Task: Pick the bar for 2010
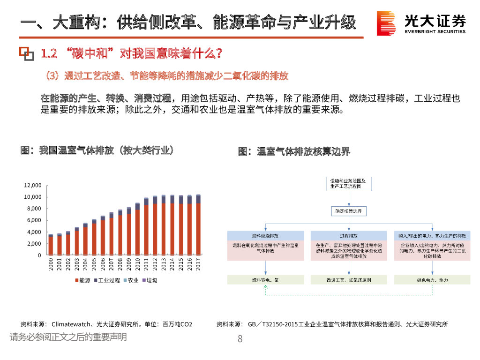pyautogui.click(x=137, y=230)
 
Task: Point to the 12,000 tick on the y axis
pyautogui.click(x=33, y=185)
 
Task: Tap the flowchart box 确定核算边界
pyautogui.click(x=349, y=211)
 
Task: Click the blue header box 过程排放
pyautogui.click(x=349, y=236)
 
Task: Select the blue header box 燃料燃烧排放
pyautogui.click(x=266, y=236)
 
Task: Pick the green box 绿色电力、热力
pyautogui.click(x=432, y=279)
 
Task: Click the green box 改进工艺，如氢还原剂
pyautogui.click(x=349, y=279)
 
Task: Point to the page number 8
pyautogui.click(x=240, y=339)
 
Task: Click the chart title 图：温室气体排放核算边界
pyautogui.click(x=294, y=151)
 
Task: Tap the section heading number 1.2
pyautogui.click(x=49, y=53)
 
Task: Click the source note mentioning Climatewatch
pyautogui.click(x=106, y=324)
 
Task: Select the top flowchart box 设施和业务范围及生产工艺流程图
pyautogui.click(x=349, y=183)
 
